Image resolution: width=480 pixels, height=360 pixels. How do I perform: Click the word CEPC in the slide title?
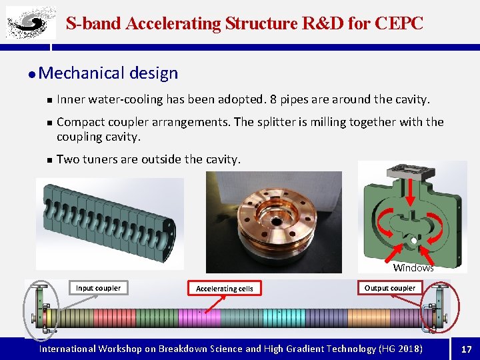tap(399, 23)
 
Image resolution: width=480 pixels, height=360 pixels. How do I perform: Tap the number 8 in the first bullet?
tap(275, 99)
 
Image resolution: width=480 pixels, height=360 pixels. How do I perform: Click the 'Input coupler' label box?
tap(98, 288)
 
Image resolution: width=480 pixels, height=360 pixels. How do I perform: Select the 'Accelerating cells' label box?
tap(225, 289)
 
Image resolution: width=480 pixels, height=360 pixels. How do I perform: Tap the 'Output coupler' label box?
tap(390, 288)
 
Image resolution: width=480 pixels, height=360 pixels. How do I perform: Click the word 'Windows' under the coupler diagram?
tap(413, 268)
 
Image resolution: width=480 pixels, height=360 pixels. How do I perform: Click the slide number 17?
tap(466, 349)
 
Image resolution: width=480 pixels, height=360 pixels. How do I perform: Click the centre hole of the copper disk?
tap(273, 223)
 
